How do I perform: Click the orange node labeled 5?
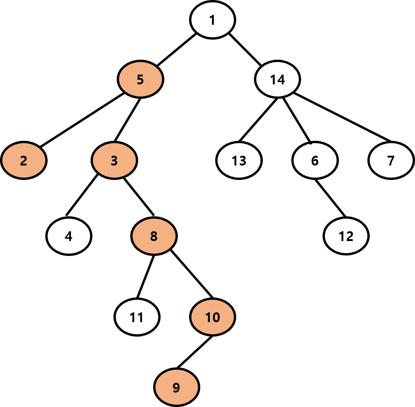coord(140,79)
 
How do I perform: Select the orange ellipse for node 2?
coord(24,160)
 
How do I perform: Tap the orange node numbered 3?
coord(114,160)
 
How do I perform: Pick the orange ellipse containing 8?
coord(154,236)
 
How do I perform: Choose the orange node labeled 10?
coord(212,317)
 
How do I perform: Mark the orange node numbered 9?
coord(176,387)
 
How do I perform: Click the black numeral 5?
coord(140,80)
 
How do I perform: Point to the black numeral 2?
coord(24,161)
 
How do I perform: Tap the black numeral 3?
coord(114,161)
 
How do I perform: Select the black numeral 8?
coord(154,236)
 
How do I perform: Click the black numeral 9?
coord(176,387)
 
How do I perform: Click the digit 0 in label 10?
coord(216,317)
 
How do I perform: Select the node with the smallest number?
coord(24,160)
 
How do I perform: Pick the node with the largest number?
coord(212,317)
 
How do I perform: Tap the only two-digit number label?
coord(212,317)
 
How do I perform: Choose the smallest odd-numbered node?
coord(114,160)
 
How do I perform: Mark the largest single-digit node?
coord(176,387)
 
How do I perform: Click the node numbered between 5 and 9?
coord(154,236)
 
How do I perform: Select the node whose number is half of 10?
coord(140,79)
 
